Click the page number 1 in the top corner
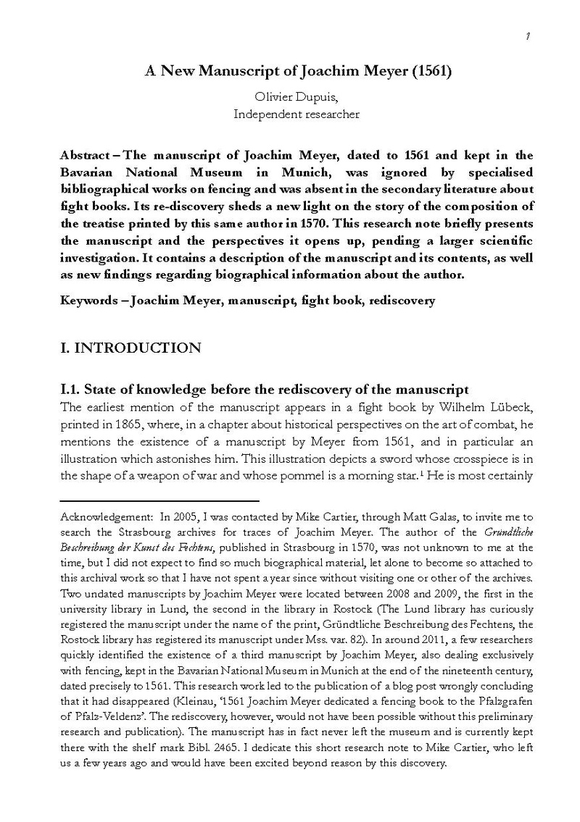click(x=529, y=37)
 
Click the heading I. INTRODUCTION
click(x=130, y=348)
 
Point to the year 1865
click(x=125, y=423)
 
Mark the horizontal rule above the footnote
click(x=159, y=500)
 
